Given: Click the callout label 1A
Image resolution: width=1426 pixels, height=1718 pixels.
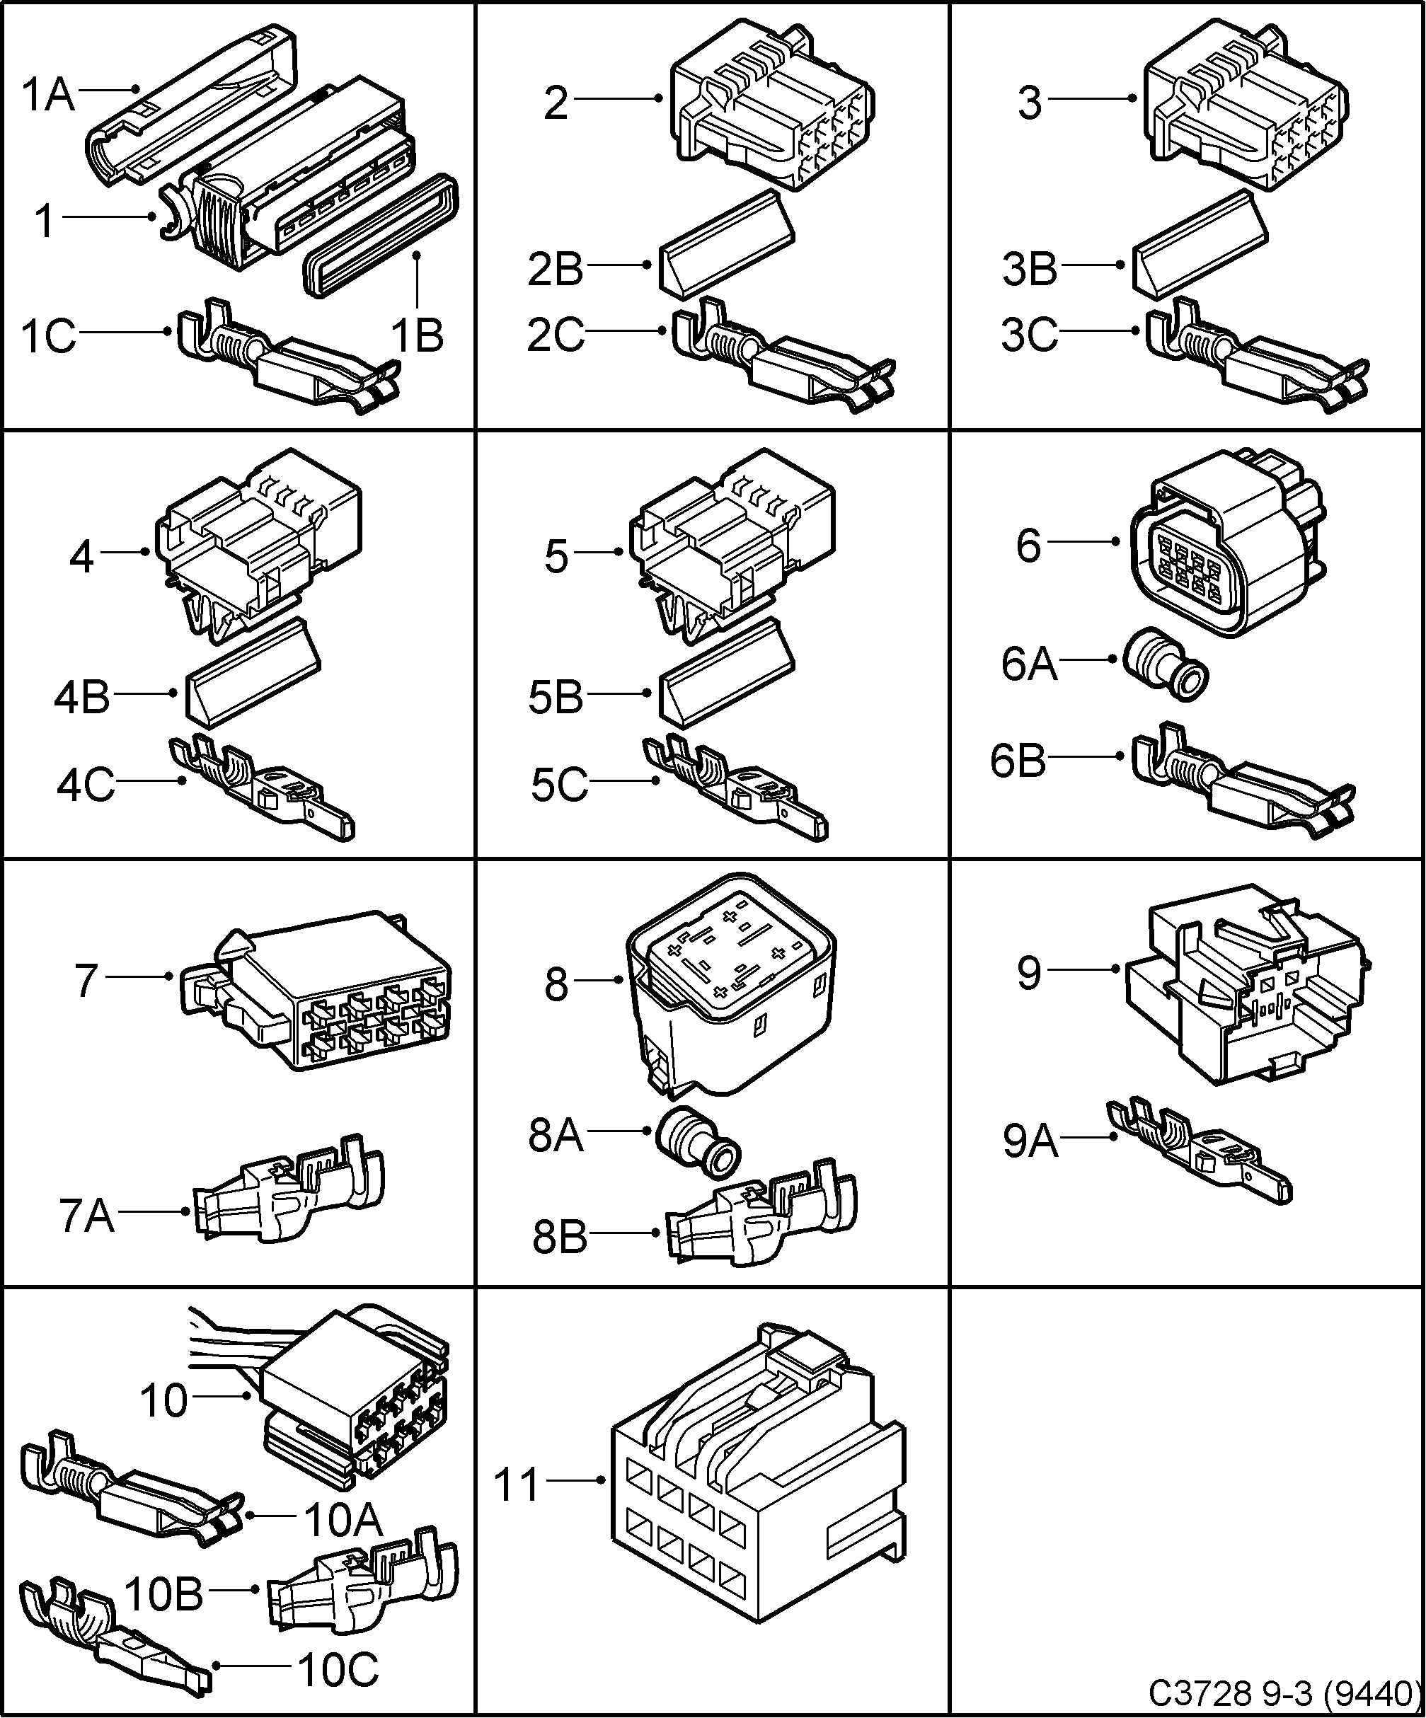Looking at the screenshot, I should point(47,95).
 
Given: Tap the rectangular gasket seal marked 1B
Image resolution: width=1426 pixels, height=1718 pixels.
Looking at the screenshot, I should point(381,238).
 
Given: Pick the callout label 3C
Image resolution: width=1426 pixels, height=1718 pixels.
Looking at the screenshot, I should point(1028,335).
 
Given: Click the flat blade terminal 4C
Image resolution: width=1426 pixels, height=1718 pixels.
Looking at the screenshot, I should point(262,789).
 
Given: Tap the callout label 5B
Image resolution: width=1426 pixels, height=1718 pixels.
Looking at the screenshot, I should point(556,698).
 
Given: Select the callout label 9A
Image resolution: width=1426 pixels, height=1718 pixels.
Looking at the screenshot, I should point(1030,1141).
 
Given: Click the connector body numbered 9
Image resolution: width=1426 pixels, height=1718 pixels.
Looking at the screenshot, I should point(1243,981).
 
